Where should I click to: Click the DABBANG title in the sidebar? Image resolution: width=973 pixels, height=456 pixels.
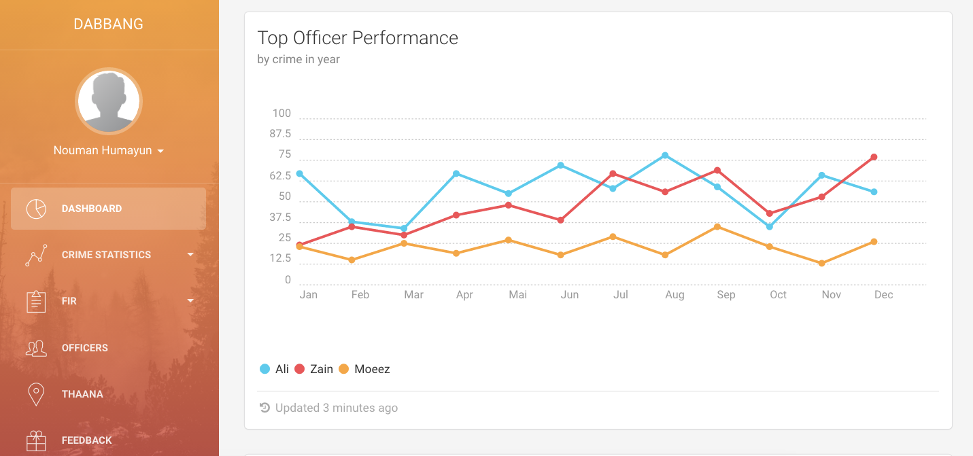(109, 24)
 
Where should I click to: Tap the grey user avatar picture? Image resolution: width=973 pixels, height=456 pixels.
(109, 101)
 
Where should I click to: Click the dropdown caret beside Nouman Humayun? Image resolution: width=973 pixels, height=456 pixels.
(160, 151)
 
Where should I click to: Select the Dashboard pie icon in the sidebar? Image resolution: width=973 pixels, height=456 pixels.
(36, 209)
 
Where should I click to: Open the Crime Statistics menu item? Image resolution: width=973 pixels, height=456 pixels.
(106, 255)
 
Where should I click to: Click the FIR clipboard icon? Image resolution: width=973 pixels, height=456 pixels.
(36, 301)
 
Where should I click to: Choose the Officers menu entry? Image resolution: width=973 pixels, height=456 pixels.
(85, 348)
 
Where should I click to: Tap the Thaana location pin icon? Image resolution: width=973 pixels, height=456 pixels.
(36, 394)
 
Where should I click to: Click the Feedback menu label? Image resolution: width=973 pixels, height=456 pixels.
(86, 440)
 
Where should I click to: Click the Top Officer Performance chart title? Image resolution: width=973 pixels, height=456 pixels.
(358, 38)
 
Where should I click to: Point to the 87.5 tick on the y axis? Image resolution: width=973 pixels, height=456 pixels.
(280, 134)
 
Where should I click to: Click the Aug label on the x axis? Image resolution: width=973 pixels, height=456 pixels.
(675, 295)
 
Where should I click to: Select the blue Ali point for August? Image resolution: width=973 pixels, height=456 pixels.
(665, 156)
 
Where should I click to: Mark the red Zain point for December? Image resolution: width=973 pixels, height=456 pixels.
(874, 157)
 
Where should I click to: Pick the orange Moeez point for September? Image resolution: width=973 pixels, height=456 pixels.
(717, 226)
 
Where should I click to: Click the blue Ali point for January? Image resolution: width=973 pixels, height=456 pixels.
(299, 173)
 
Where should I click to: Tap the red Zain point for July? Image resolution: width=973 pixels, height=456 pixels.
(613, 173)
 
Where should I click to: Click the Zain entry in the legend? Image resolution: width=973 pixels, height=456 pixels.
(314, 369)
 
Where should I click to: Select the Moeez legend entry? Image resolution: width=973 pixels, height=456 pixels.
(364, 369)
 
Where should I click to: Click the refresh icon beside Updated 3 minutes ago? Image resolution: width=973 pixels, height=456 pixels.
(264, 408)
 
